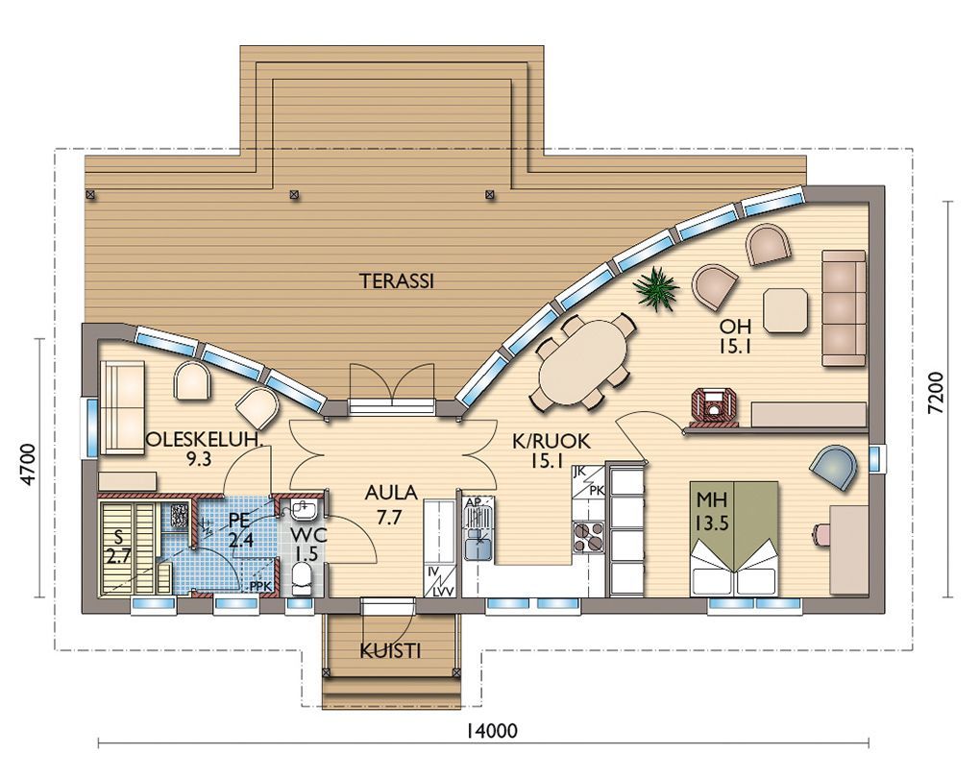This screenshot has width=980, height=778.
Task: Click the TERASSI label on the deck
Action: [396, 281]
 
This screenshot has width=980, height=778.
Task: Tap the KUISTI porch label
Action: [390, 652]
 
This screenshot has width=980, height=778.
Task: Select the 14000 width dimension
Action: [493, 731]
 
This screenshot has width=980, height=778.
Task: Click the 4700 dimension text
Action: [28, 464]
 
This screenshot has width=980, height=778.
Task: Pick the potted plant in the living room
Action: [655, 289]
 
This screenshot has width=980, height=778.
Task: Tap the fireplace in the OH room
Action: [713, 407]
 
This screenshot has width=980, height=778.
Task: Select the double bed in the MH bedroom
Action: [734, 538]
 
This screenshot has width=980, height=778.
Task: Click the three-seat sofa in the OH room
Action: [845, 307]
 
